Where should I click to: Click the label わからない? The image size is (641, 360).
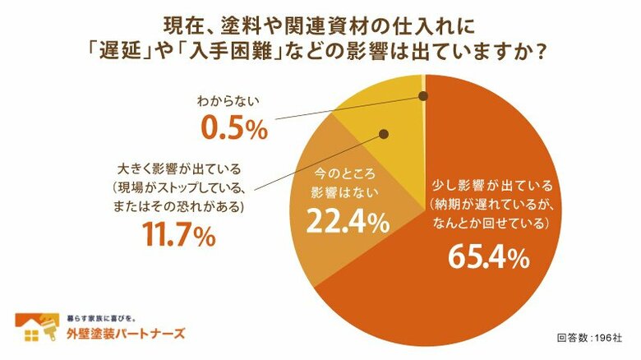pos(228,103)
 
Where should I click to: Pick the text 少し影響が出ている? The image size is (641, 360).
pos(485,185)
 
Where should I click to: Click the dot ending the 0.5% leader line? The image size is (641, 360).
pos(424,96)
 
